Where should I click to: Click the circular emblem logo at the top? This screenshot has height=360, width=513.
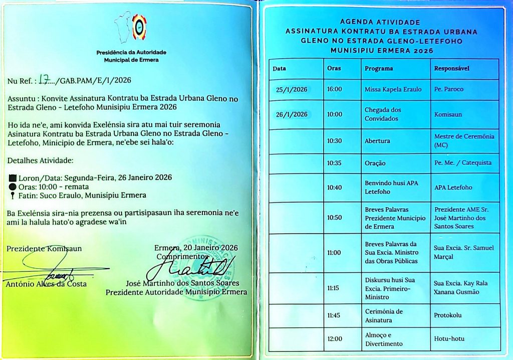coord(139,28)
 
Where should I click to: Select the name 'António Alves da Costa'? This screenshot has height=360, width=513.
coord(47,284)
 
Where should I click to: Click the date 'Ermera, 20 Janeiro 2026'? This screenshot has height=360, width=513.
coord(196,248)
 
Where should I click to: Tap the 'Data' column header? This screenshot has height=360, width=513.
coord(279,68)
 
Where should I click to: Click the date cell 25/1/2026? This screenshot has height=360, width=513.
coord(292,89)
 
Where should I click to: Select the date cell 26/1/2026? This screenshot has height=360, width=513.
coord(292,114)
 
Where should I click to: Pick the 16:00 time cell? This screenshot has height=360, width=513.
coord(334,89)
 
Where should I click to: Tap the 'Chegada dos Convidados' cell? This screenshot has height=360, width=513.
coord(383,114)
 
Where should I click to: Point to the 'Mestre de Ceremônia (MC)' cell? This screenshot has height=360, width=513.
coord(464,141)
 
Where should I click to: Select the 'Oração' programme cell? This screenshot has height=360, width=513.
coord(375,163)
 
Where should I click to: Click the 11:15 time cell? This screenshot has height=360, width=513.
coord(334,288)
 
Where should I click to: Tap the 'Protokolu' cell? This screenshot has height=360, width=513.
coord(448,315)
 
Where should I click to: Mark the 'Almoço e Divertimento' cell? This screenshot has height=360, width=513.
coord(383,339)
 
